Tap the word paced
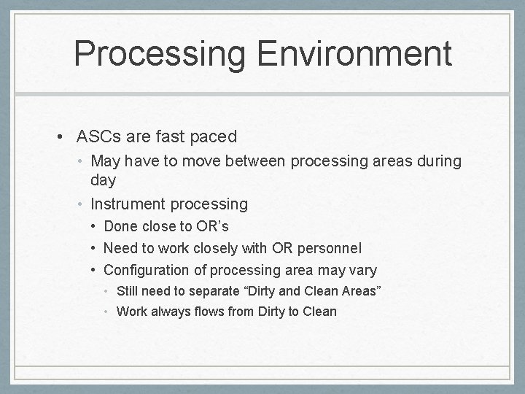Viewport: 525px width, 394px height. click(x=211, y=136)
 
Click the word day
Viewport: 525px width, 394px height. click(x=104, y=179)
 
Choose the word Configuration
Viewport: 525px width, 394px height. click(x=155, y=271)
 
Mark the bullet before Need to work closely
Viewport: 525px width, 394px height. click(x=95, y=249)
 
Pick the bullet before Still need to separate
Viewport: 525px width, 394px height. click(x=107, y=292)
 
